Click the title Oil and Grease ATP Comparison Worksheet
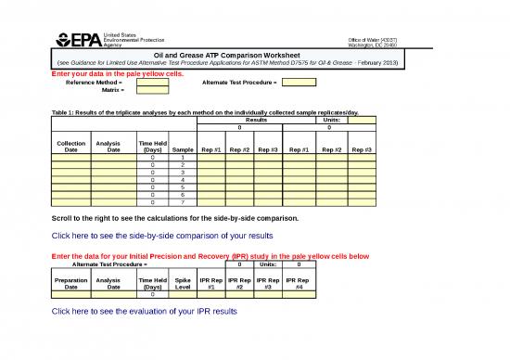(229, 54)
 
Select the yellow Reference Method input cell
(153, 83)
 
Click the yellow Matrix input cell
(153, 91)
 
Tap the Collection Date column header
(71, 147)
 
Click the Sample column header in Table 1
(183, 150)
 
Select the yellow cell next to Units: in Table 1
(362, 120)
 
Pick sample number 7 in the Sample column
(183, 201)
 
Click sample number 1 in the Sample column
(183, 158)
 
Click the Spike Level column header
(183, 283)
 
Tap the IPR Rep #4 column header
(297, 283)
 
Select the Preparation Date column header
(71, 283)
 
